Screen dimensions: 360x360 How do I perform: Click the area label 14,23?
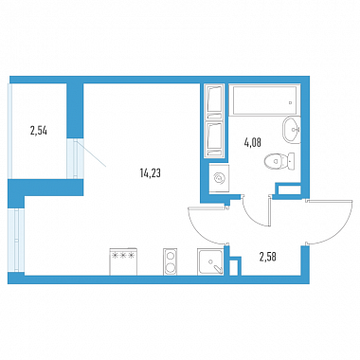pyautogui.click(x=150, y=173)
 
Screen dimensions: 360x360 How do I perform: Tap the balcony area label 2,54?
pyautogui.click(x=39, y=131)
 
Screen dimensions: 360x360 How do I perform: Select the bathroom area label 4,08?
pyautogui.click(x=253, y=143)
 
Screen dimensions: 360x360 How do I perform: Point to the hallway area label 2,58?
pyautogui.click(x=268, y=257)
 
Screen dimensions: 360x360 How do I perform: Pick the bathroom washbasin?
pyautogui.click(x=291, y=130)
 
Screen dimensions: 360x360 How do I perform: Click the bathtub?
pyautogui.click(x=264, y=100)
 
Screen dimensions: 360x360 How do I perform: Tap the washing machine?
pyautogui.click(x=219, y=178)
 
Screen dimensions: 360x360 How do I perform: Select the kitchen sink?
pyautogui.click(x=210, y=261)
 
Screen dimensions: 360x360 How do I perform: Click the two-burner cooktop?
pyautogui.click(x=171, y=261)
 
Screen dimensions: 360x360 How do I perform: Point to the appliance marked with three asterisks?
pyautogui.click(x=123, y=261)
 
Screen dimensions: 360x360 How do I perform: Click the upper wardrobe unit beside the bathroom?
pyautogui.click(x=214, y=101)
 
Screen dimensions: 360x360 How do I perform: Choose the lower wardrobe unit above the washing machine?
pyautogui.click(x=214, y=139)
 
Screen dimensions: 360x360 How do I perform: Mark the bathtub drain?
pyautogui.click(x=291, y=102)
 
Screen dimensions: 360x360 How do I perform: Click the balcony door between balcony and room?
pyautogui.click(x=76, y=158)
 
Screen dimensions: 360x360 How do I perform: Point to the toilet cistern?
pyautogui.click(x=291, y=161)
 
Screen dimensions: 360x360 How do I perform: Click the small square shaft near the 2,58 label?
pyautogui.click(x=233, y=268)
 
